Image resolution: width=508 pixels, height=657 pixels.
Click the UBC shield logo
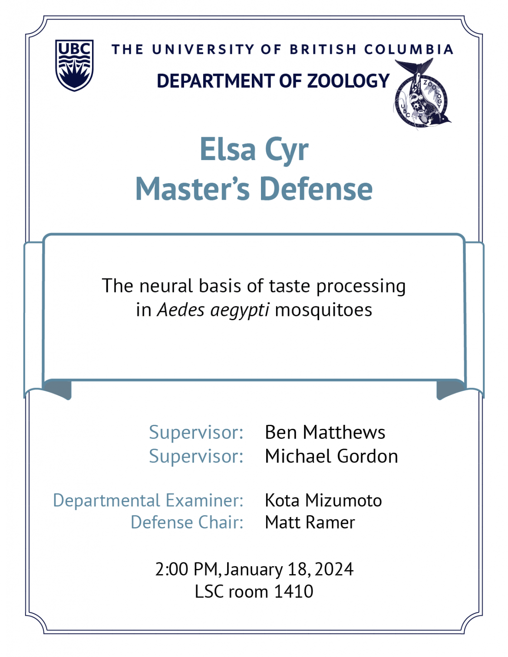(74, 65)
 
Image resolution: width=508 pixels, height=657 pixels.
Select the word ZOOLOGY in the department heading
(348, 81)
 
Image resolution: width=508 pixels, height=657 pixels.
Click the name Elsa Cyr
(254, 149)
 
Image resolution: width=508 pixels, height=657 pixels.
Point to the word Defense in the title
(316, 189)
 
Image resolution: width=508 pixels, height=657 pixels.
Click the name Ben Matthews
(325, 432)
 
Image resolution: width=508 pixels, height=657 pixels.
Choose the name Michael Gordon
(331, 456)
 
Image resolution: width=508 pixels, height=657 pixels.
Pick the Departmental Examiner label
(148, 500)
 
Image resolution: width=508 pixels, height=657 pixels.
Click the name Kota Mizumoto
(323, 500)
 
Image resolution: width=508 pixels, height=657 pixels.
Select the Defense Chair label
(187, 522)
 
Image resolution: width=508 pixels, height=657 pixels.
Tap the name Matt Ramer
(310, 522)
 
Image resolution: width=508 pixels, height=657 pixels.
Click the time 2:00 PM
(186, 569)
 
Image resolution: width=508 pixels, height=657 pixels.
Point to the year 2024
(334, 569)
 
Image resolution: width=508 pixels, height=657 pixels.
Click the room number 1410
(294, 591)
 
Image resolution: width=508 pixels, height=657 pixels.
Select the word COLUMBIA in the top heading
(409, 49)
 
